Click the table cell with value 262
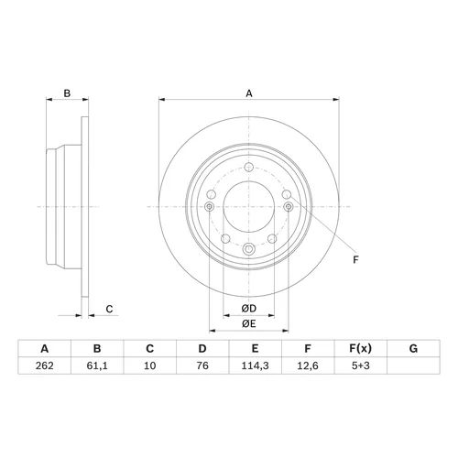point(45,365)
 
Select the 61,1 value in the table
point(97,365)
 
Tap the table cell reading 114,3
point(255,365)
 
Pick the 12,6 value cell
point(308,365)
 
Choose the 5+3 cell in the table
point(361,365)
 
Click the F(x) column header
point(361,348)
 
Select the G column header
point(413,348)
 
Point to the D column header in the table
point(202,348)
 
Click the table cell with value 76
point(202,365)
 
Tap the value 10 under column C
point(150,365)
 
